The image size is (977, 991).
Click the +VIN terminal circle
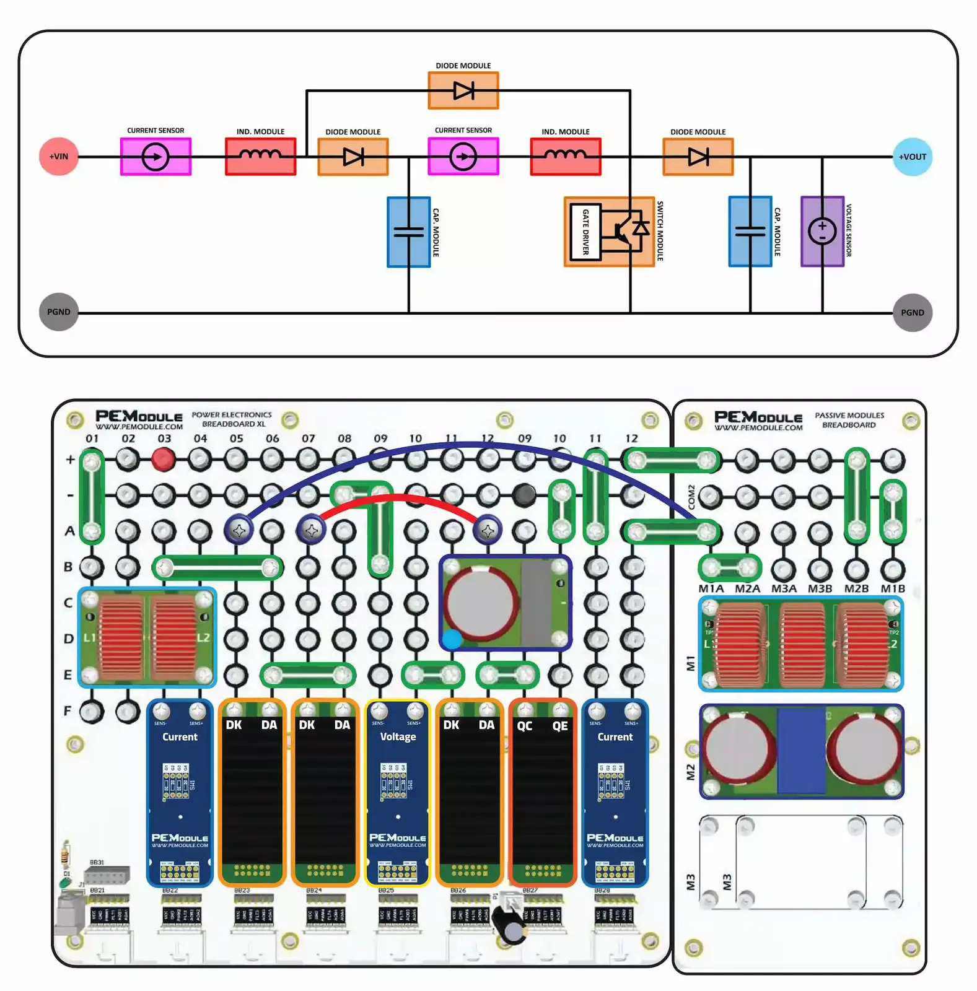(x=59, y=156)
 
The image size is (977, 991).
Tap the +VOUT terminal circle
(x=912, y=157)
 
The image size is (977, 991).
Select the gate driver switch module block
(x=609, y=232)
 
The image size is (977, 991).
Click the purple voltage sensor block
(x=822, y=232)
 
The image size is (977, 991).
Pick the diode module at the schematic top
(x=463, y=90)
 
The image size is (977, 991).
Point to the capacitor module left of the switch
(x=408, y=232)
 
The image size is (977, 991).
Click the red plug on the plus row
(x=163, y=459)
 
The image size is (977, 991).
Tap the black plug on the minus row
(x=524, y=494)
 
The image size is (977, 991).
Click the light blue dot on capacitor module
(x=452, y=639)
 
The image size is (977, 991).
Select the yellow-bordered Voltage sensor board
(x=398, y=793)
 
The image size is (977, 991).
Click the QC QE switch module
(x=542, y=793)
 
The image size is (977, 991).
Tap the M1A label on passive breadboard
(x=711, y=588)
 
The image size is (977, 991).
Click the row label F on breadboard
(x=68, y=711)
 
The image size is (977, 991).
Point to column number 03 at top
(x=164, y=439)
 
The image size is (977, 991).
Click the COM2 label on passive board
(x=691, y=497)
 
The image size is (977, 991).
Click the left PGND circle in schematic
(x=59, y=312)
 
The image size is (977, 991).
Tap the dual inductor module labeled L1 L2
(x=147, y=638)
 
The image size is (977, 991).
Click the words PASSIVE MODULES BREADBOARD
(x=849, y=420)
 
